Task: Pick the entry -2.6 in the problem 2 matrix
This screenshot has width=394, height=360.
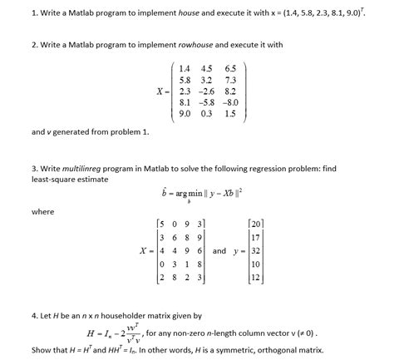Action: pyautogui.click(x=205, y=89)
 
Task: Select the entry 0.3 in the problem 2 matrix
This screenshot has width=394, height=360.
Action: pyautogui.click(x=208, y=113)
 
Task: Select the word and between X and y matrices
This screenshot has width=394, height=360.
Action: pyautogui.click(x=219, y=250)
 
